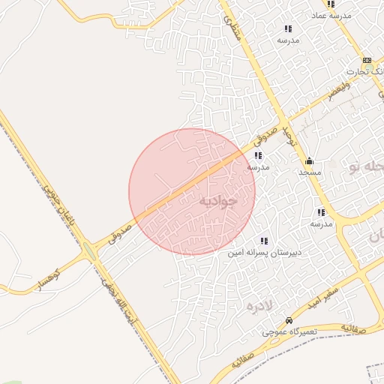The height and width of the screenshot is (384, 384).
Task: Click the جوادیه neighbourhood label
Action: [x=218, y=201]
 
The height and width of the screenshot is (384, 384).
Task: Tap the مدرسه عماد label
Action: [x=330, y=15]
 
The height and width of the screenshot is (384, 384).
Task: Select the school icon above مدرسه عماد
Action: [x=331, y=4]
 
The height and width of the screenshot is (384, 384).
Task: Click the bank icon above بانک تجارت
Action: [x=366, y=60]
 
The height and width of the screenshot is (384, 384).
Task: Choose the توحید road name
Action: [x=293, y=139]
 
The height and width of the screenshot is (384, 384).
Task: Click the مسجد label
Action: [x=310, y=172]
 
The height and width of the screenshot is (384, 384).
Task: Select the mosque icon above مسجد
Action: [x=309, y=160]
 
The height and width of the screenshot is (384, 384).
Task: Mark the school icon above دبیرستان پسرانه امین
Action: [x=264, y=241]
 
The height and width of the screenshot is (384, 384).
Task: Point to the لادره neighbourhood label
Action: [x=259, y=305]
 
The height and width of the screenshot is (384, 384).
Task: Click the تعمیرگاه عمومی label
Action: [x=289, y=331]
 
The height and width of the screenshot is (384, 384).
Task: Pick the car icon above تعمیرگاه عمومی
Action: [x=289, y=320]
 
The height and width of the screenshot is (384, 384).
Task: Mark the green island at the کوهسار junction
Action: [x=91, y=253]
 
